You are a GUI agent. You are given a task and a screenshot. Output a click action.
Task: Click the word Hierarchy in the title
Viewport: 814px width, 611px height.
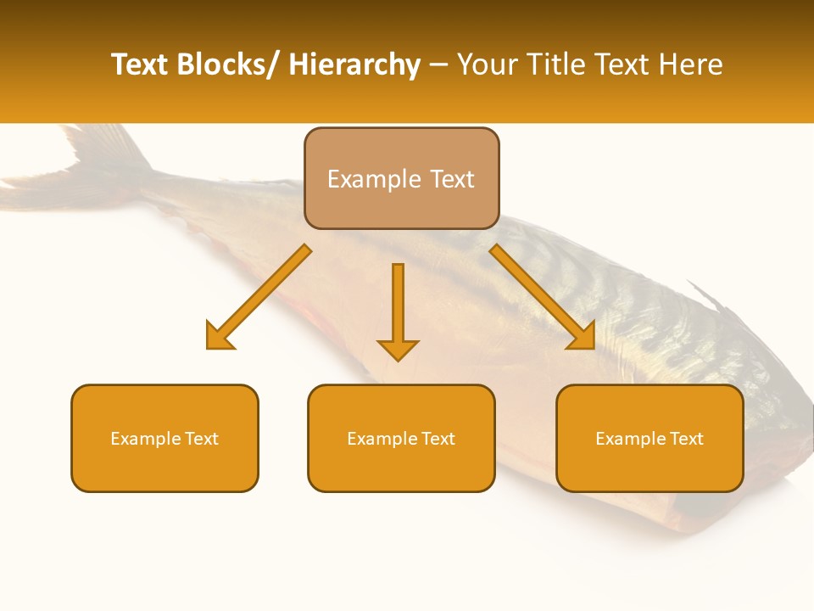pos(354,64)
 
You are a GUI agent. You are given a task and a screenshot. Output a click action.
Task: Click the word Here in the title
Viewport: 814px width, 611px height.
pos(691,64)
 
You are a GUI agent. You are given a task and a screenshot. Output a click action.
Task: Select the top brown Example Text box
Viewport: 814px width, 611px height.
pos(401,178)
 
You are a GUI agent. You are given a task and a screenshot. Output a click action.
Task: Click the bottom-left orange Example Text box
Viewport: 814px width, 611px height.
pos(164,438)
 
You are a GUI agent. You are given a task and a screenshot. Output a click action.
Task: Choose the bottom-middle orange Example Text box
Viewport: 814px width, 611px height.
pos(401,438)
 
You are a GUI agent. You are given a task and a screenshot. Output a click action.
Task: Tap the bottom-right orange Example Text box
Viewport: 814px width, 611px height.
pos(650,438)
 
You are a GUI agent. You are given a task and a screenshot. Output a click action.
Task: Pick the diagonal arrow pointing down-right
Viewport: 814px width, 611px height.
pos(543,297)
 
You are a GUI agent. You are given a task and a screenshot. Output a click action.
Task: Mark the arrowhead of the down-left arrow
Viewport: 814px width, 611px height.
pos(219,337)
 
